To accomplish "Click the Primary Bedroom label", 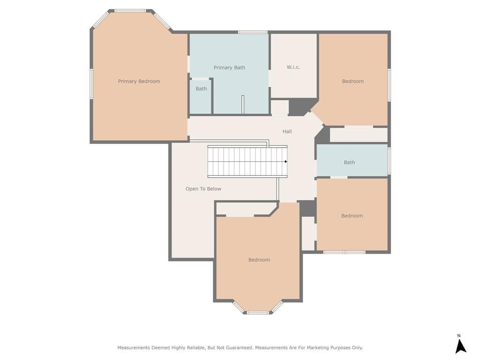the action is pos(139,81).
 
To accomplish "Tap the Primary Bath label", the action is pos(229,67).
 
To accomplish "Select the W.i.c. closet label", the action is pos(293,67).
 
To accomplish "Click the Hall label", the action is pos(287,131).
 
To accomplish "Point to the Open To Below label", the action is pos(203,188).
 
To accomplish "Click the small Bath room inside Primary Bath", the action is pos(201,97).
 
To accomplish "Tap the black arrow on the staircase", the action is pos(286,161).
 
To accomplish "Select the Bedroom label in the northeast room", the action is pos(352,81).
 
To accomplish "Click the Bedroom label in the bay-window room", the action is pos(259,260).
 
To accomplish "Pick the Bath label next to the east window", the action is pos(349,162).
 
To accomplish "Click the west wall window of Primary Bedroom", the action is pos(91,84).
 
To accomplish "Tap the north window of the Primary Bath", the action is pos(253,32).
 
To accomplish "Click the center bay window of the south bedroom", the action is pos(258,313).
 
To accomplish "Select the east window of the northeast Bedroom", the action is pos(389,85).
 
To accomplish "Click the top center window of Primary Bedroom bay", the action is pos(130,11).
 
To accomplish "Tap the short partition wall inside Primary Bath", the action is pos(243,105).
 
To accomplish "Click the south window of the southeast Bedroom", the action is pos(345,252).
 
